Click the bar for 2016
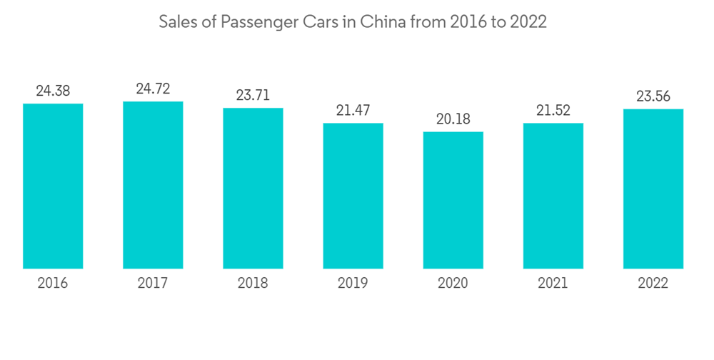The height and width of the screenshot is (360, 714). coord(53,186)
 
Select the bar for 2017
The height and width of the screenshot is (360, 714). coord(153,185)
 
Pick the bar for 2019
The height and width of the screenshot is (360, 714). coord(353,196)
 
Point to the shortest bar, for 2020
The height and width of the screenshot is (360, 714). coord(453,200)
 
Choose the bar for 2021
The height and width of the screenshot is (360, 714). coord(553,196)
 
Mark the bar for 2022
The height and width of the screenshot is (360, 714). coord(653,189)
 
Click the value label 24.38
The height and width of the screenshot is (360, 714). coord(53,91)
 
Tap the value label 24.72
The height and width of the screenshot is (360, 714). coord(153,89)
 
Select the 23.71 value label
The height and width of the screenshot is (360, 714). coord(253,95)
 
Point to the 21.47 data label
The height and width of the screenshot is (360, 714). coord(353,111)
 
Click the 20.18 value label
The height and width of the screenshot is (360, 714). coord(453,119)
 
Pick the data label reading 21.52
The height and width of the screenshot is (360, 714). coord(553,111)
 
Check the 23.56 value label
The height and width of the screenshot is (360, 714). coord(653,96)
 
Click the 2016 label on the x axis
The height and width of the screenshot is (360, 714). coord(53,284)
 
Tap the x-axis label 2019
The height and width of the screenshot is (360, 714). coord(353,284)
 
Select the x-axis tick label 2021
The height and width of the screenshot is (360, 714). coord(553,284)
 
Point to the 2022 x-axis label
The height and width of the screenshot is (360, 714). coord(653,284)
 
